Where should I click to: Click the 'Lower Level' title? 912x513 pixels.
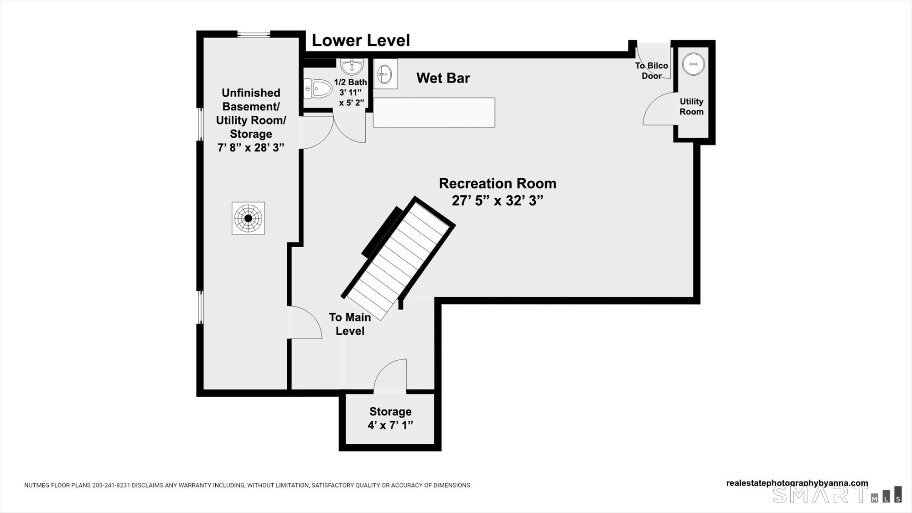pos(361,40)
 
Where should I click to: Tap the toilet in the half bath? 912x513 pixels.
pos(318,88)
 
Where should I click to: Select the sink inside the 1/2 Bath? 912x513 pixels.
pos(352,67)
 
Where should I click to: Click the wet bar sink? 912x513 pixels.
pos(385,73)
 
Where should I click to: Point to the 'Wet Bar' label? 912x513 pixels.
pos(443,78)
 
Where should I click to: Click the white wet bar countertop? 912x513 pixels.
pos(434,112)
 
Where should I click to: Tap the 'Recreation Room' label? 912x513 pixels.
pos(497,183)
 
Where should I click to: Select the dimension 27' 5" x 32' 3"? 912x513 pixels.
pos(497,201)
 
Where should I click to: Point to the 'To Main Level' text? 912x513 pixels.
pos(350,324)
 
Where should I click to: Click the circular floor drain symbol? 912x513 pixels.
pos(248,218)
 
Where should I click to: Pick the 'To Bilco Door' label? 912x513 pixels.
pos(652,71)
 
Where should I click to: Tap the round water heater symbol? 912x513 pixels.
pos(693,64)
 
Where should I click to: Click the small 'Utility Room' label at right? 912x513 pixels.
pos(691,106)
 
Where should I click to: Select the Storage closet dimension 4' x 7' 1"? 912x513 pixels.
pos(390,425)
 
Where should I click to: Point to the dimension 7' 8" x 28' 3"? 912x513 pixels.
pos(251,148)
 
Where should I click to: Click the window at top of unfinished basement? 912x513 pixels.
pos(254,34)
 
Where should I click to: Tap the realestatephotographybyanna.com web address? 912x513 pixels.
pos(797,483)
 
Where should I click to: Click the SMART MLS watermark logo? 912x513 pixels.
pos(837,494)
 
